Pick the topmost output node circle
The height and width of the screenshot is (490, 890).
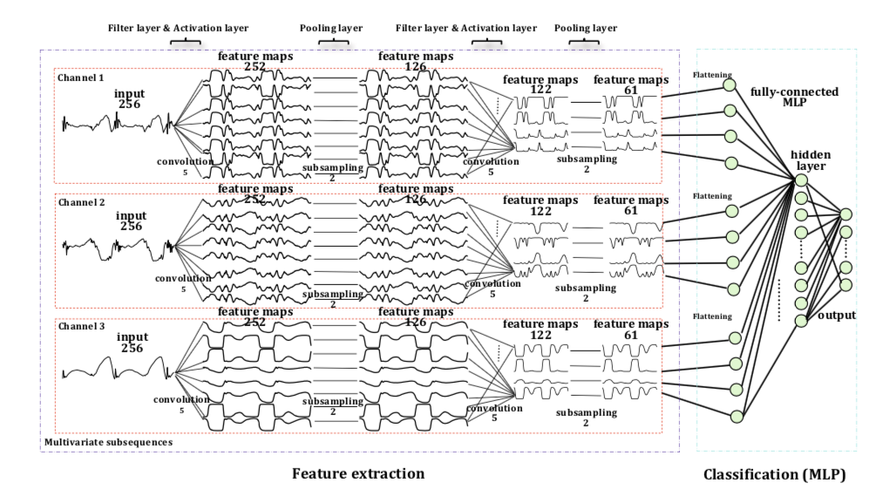pos(845,214)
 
